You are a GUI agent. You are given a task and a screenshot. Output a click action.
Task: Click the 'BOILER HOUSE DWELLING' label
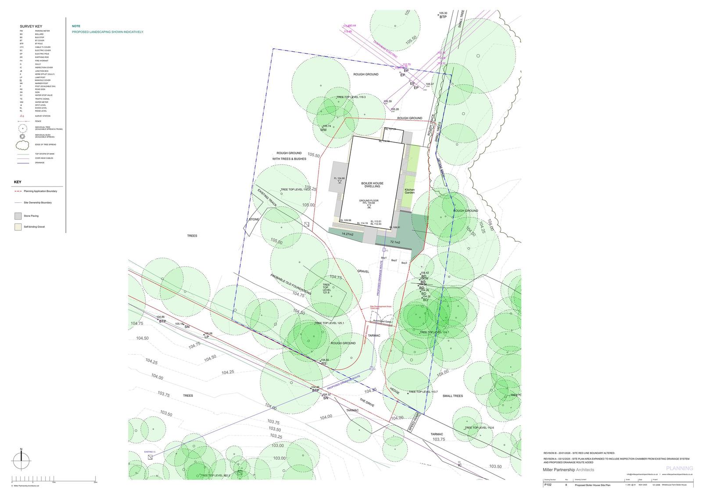(372, 185)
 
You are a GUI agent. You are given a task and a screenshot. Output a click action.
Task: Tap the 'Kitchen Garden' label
(409, 191)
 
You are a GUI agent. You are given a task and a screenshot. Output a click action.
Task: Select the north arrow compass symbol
(21, 460)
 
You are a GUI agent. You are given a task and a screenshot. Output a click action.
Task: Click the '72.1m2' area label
(395, 242)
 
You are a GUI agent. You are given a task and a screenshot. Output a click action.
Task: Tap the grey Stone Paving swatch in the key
(18, 216)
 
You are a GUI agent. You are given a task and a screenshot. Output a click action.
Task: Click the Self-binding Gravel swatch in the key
(18, 227)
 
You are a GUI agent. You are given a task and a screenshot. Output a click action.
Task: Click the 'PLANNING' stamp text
(679, 468)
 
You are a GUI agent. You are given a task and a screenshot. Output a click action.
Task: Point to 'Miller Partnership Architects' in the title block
(569, 470)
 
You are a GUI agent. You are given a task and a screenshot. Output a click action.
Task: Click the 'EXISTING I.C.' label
(150, 451)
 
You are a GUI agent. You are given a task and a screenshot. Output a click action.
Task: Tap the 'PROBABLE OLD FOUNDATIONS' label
(291, 284)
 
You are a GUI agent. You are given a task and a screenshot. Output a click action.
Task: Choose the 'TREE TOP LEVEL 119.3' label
(351, 97)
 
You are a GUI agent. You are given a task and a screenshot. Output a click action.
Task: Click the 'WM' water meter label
(323, 130)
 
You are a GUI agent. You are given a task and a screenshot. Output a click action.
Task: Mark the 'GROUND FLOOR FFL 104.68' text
(369, 202)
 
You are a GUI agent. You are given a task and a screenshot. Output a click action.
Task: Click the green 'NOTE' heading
(76, 26)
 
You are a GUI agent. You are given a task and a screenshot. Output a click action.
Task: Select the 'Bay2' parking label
(394, 260)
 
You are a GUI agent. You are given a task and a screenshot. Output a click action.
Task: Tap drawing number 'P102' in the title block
(548, 485)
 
